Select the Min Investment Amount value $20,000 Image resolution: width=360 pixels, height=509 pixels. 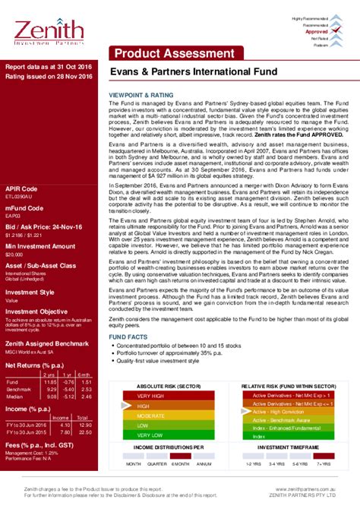point(14,255)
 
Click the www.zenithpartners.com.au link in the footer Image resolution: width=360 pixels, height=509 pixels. point(317,491)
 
